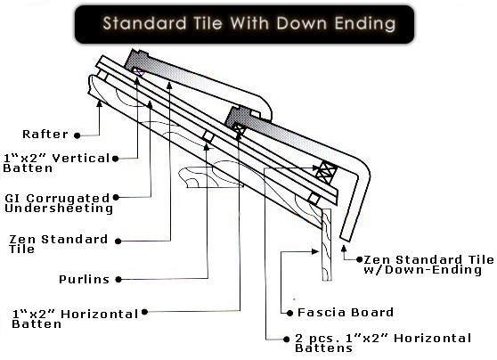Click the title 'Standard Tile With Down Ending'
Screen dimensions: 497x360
coord(249,23)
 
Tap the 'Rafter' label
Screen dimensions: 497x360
coord(45,135)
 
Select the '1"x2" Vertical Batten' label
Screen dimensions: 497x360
coord(56,163)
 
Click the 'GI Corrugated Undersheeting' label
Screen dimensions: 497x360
coord(59,203)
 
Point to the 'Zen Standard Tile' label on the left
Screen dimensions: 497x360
coord(58,244)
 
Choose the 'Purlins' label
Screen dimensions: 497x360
coord(84,280)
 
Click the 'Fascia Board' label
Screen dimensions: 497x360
coord(346,313)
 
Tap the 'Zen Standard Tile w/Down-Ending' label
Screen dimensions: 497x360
coord(428,265)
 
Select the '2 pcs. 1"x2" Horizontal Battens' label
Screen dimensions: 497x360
coord(383,343)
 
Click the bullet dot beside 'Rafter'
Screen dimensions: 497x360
coord(77,135)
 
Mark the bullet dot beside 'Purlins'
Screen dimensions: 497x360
coord(118,280)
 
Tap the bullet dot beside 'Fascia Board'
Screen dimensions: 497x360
coord(289,314)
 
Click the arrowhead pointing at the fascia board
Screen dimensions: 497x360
coord(315,251)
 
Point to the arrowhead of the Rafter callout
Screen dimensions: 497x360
coord(100,103)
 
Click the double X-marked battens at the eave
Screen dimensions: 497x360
coord(326,173)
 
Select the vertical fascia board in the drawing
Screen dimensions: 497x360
coord(327,244)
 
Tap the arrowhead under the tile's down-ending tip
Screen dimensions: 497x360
coord(344,249)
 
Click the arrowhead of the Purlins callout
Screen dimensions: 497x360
coord(207,147)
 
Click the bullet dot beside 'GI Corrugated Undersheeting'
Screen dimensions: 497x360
coord(116,197)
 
